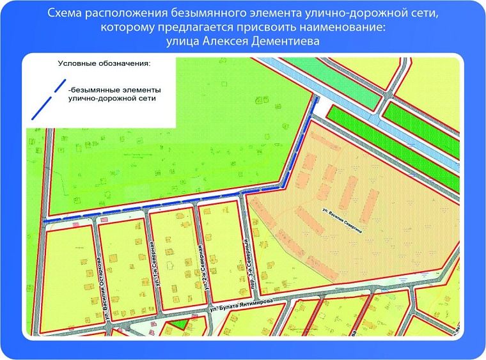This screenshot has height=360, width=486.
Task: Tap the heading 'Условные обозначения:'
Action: [104, 64]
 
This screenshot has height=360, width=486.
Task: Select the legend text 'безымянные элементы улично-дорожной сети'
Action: [112, 94]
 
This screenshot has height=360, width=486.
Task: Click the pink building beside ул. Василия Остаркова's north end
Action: [104, 219]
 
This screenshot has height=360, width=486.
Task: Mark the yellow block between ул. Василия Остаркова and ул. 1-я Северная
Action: [123, 262]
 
